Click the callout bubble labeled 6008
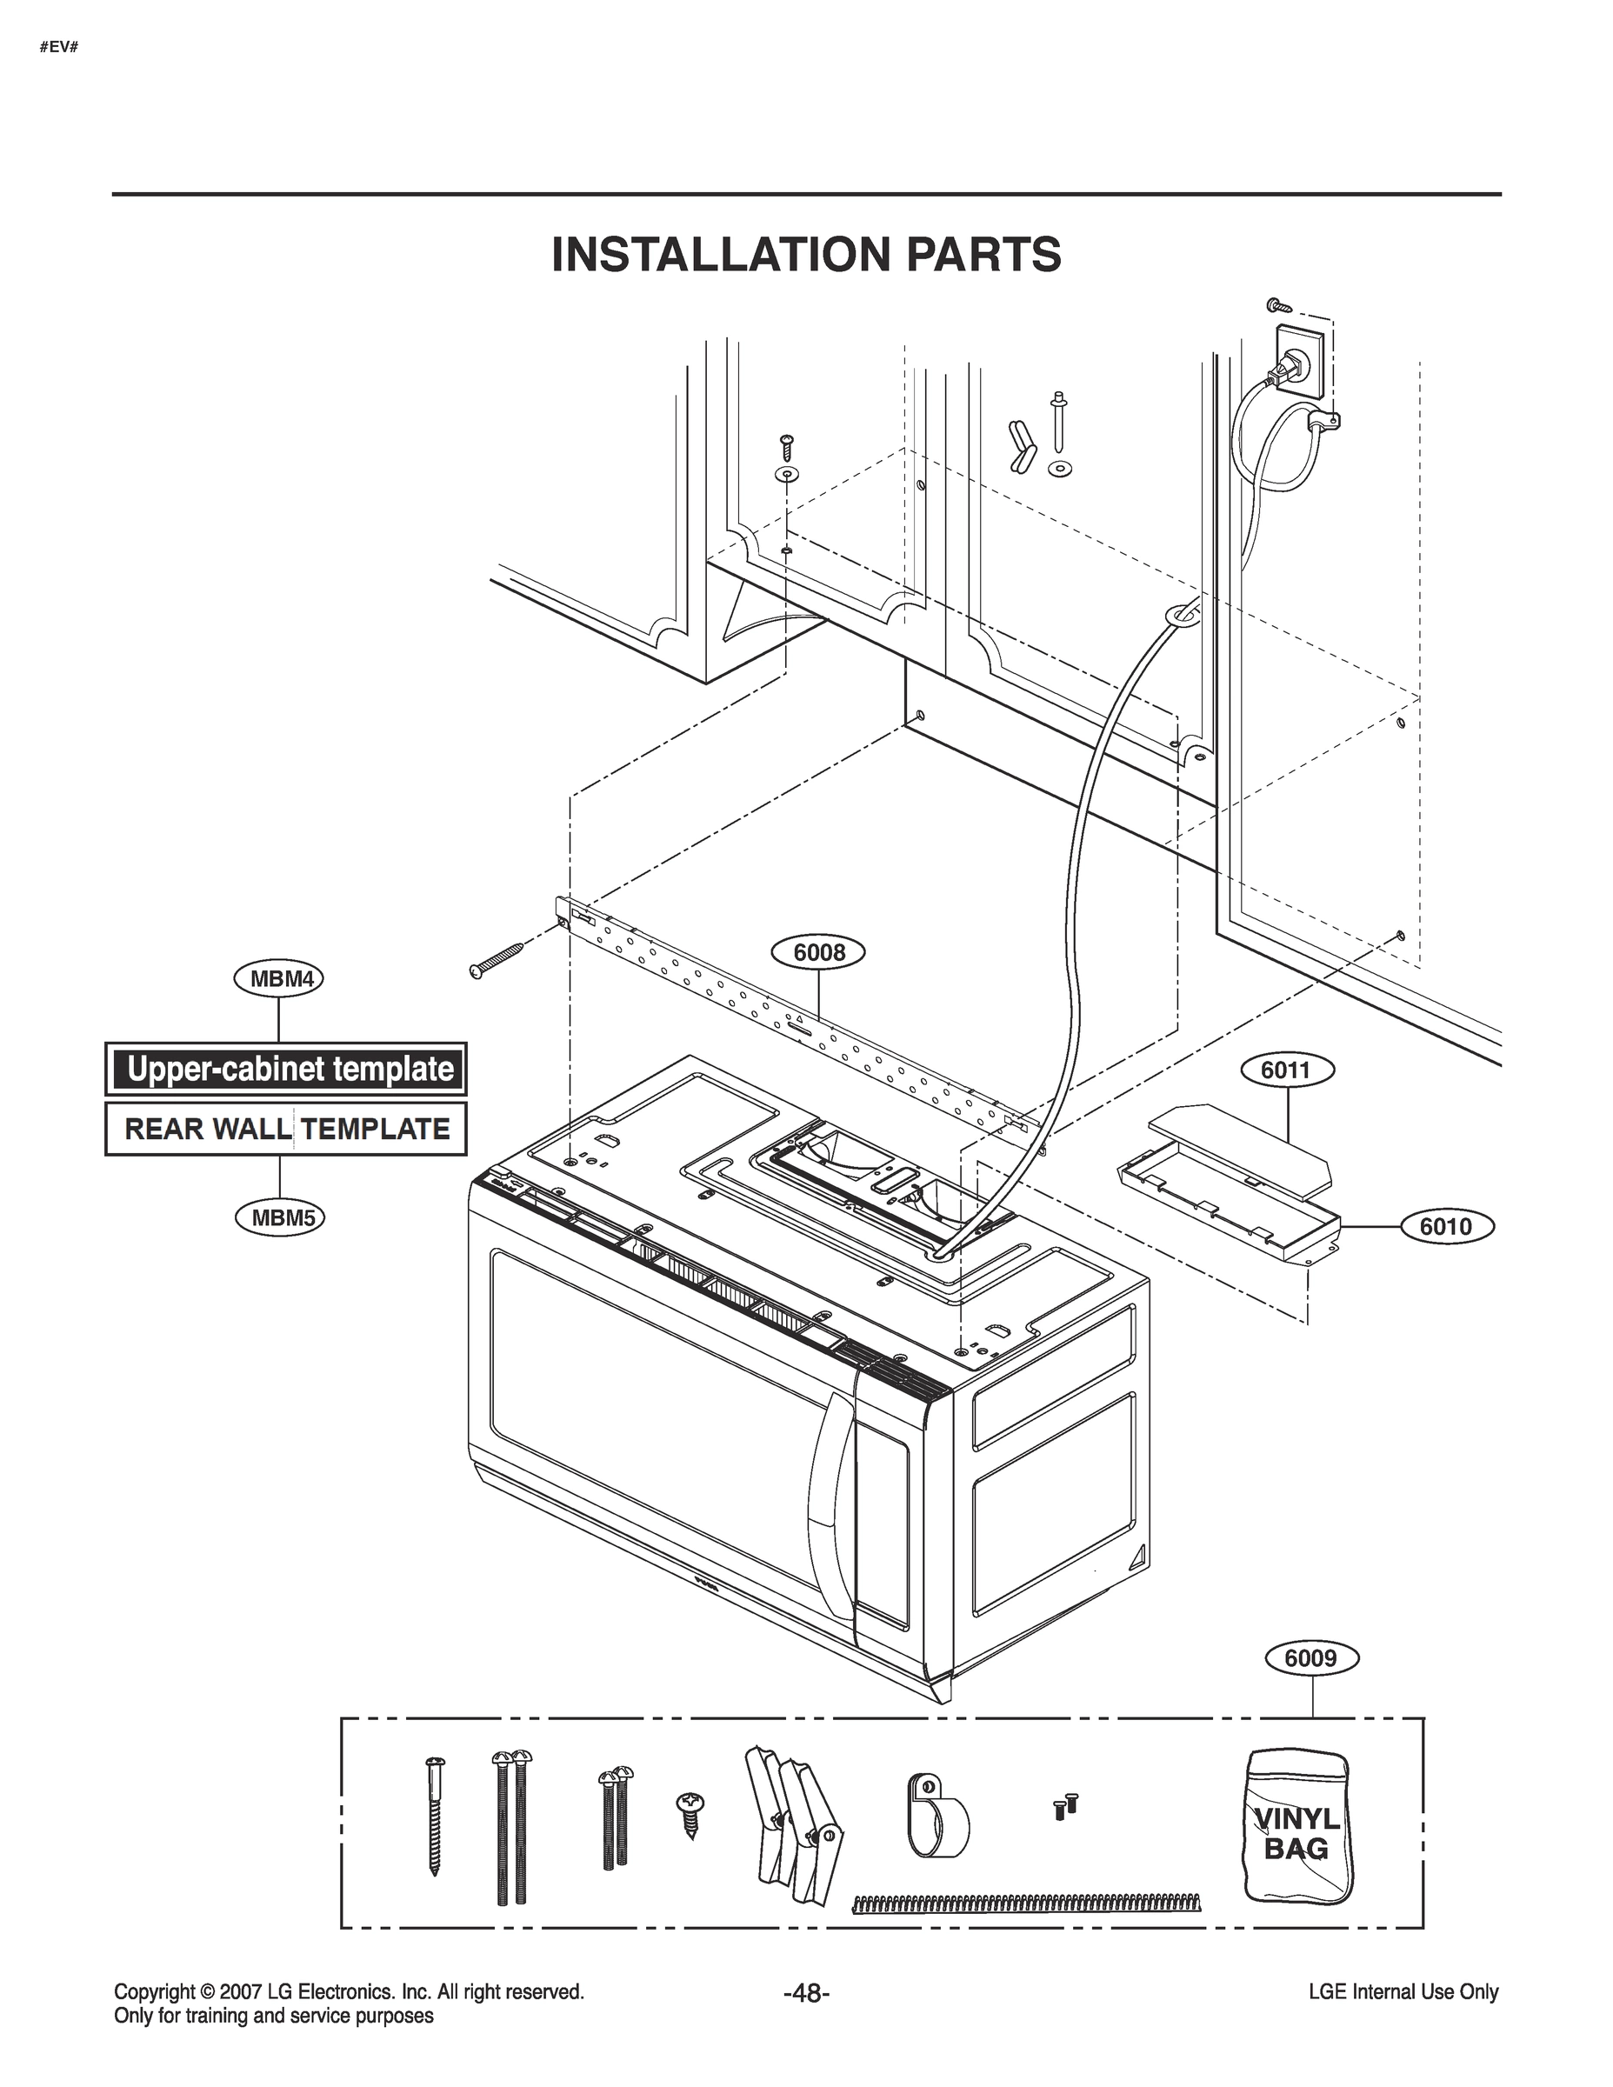tap(819, 953)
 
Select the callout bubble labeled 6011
tap(1285, 1070)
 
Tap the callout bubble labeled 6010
tap(1445, 1226)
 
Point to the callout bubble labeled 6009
tap(1311, 1658)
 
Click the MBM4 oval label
tap(279, 978)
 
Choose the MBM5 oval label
tap(279, 1217)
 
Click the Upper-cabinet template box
tap(287, 1069)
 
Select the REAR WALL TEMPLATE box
tap(287, 1129)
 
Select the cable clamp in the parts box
tap(935, 1815)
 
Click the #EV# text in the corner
tap(58, 46)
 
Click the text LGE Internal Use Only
tap(1403, 1992)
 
